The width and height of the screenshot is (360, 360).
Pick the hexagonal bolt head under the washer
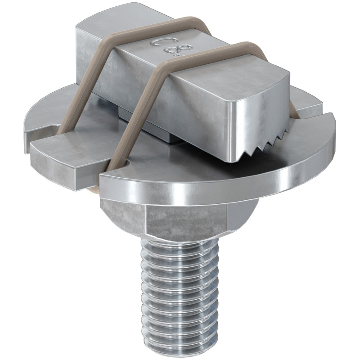[180, 220]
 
